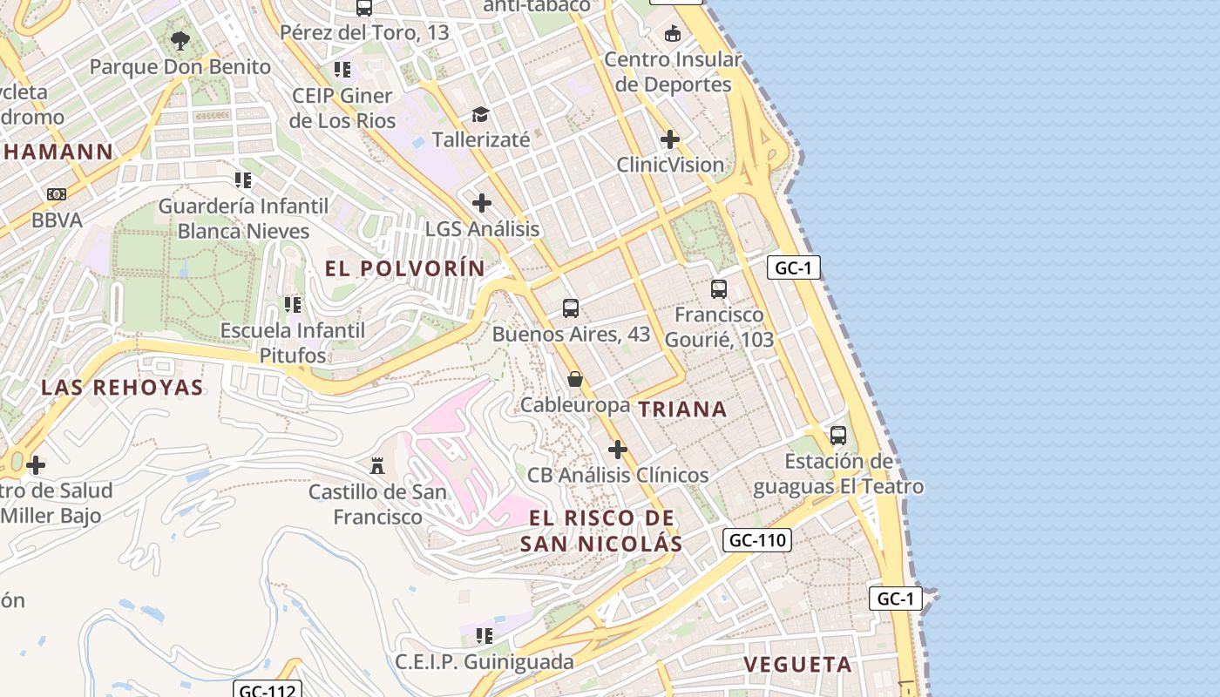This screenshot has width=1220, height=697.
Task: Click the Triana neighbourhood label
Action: click(682, 409)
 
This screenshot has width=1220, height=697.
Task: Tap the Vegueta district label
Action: click(797, 665)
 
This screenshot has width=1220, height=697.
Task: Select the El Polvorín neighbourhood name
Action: click(405, 268)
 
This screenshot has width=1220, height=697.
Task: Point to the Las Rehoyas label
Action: click(122, 388)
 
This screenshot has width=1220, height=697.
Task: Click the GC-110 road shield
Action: click(756, 540)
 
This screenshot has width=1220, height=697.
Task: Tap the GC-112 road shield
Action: click(268, 690)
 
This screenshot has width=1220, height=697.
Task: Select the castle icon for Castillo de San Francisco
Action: click(377, 466)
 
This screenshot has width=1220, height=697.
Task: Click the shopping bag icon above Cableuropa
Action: click(575, 379)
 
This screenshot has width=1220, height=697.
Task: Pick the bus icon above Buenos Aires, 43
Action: click(571, 308)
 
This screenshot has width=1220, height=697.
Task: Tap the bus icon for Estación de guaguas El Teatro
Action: click(838, 435)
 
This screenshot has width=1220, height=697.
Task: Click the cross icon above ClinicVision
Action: click(670, 139)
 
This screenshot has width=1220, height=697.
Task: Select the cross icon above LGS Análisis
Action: click(482, 203)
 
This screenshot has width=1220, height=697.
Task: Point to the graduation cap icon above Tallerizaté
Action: click(480, 114)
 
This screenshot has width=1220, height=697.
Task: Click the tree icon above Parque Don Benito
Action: click(180, 40)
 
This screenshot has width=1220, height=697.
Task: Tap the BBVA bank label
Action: click(57, 220)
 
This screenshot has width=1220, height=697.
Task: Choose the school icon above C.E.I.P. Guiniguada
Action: click(485, 636)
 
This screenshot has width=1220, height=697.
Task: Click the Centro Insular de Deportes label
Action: click(673, 72)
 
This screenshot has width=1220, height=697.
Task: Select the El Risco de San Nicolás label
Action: click(601, 531)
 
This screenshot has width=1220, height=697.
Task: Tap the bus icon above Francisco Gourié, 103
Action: click(719, 288)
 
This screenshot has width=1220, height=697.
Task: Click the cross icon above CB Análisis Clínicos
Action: click(618, 450)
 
